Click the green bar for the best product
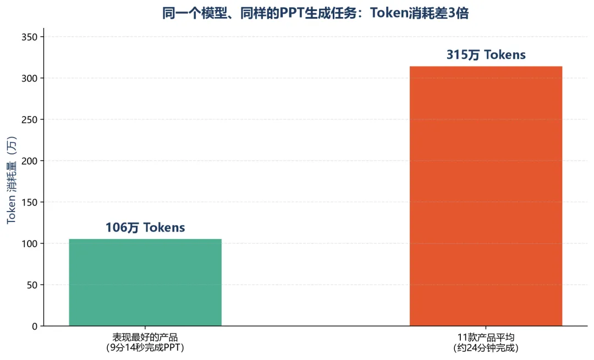[x=145, y=283]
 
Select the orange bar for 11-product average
[x=486, y=196]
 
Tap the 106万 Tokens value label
[x=145, y=228]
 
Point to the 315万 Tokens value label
[x=486, y=55]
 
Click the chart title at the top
[x=316, y=13]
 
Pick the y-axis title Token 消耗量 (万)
[x=12, y=180]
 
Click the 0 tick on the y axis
[x=35, y=326]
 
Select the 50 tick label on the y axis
[x=32, y=285]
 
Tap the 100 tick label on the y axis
[x=30, y=244]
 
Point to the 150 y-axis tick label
[x=30, y=202]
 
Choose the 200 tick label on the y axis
[x=30, y=161]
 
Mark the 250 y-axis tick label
[x=30, y=120]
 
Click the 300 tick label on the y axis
[x=30, y=79]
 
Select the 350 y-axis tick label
[x=30, y=37]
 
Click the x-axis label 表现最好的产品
[x=145, y=337]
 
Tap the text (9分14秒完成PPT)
[x=145, y=347]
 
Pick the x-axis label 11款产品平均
[x=486, y=337]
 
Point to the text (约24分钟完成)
[x=486, y=347]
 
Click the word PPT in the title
[x=291, y=13]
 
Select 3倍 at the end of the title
[x=458, y=13]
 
